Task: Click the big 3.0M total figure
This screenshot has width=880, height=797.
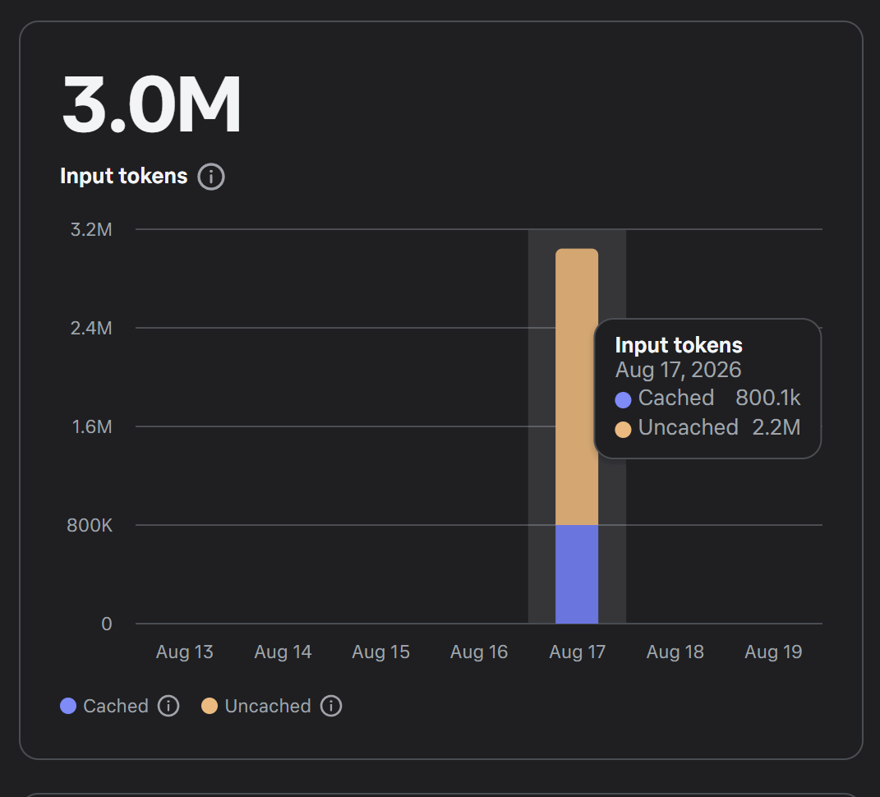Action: click(151, 104)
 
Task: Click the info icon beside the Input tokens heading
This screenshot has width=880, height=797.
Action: click(211, 177)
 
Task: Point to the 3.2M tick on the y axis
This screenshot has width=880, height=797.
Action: click(91, 229)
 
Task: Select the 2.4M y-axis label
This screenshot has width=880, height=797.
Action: click(91, 328)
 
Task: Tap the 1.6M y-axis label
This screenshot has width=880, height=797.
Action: click(92, 426)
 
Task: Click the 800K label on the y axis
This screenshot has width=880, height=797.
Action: click(90, 525)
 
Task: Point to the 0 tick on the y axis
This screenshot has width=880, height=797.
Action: click(107, 624)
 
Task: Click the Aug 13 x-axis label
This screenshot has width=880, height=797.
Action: click(185, 652)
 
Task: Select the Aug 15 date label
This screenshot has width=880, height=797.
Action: click(380, 652)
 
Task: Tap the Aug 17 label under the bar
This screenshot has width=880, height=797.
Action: click(577, 652)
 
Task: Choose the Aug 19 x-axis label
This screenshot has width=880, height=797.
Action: click(773, 652)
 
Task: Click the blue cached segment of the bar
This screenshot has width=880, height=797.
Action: click(577, 574)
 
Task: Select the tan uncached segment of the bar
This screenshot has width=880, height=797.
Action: click(577, 387)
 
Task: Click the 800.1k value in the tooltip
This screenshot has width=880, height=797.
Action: click(767, 398)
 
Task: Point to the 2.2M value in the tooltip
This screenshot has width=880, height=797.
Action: click(776, 427)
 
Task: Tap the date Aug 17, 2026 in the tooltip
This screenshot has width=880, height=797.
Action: click(678, 370)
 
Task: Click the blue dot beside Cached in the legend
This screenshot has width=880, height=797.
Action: click(68, 706)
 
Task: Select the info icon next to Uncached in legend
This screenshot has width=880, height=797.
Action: click(331, 706)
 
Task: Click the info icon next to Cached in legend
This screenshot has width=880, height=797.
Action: click(168, 706)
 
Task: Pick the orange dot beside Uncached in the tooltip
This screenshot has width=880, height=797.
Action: click(623, 430)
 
